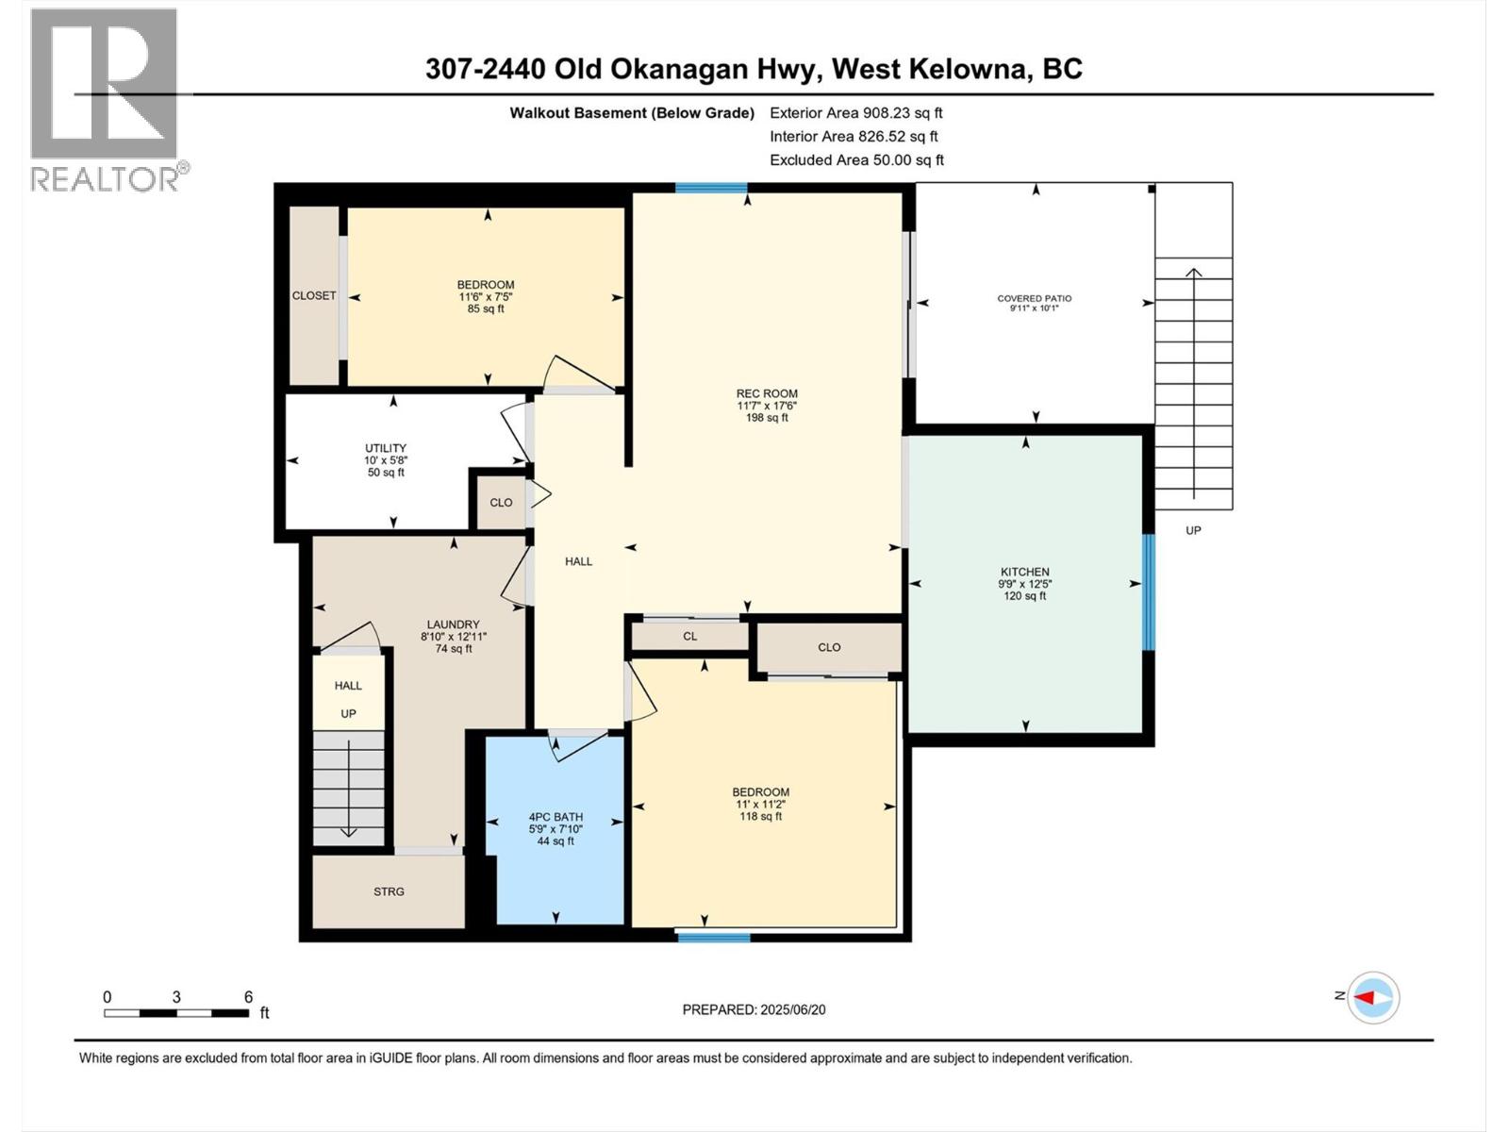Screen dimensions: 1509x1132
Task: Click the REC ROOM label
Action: click(767, 393)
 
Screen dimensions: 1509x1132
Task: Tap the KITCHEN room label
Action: click(1024, 572)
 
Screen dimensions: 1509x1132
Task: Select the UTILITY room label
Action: click(386, 448)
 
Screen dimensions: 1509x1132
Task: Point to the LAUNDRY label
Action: click(453, 624)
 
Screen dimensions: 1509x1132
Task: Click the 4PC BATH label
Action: click(556, 817)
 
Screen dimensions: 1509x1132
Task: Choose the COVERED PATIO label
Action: click(1034, 298)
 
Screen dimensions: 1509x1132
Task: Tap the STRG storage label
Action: click(389, 891)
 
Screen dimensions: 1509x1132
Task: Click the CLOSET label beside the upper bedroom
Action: click(314, 295)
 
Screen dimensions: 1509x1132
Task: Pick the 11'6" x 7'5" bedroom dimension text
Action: click(486, 297)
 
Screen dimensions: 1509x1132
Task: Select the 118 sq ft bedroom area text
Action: click(760, 817)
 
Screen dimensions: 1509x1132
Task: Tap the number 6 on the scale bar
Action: click(248, 996)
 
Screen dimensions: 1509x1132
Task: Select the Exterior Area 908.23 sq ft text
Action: click(856, 112)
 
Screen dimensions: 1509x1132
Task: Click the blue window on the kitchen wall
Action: click(1148, 591)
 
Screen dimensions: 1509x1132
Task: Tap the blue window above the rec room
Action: click(711, 188)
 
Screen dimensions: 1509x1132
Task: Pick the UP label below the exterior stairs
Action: click(1193, 530)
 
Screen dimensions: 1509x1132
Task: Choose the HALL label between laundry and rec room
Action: click(578, 561)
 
